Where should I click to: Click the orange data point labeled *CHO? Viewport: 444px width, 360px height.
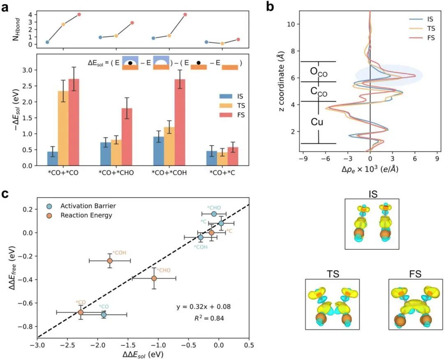[154, 278]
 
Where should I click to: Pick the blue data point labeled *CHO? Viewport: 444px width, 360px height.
[214, 214]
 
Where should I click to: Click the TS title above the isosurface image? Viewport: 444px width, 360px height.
[332, 273]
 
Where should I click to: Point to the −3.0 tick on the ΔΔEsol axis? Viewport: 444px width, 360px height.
[37, 344]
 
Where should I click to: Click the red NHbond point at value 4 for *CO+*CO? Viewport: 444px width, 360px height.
[79, 14]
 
